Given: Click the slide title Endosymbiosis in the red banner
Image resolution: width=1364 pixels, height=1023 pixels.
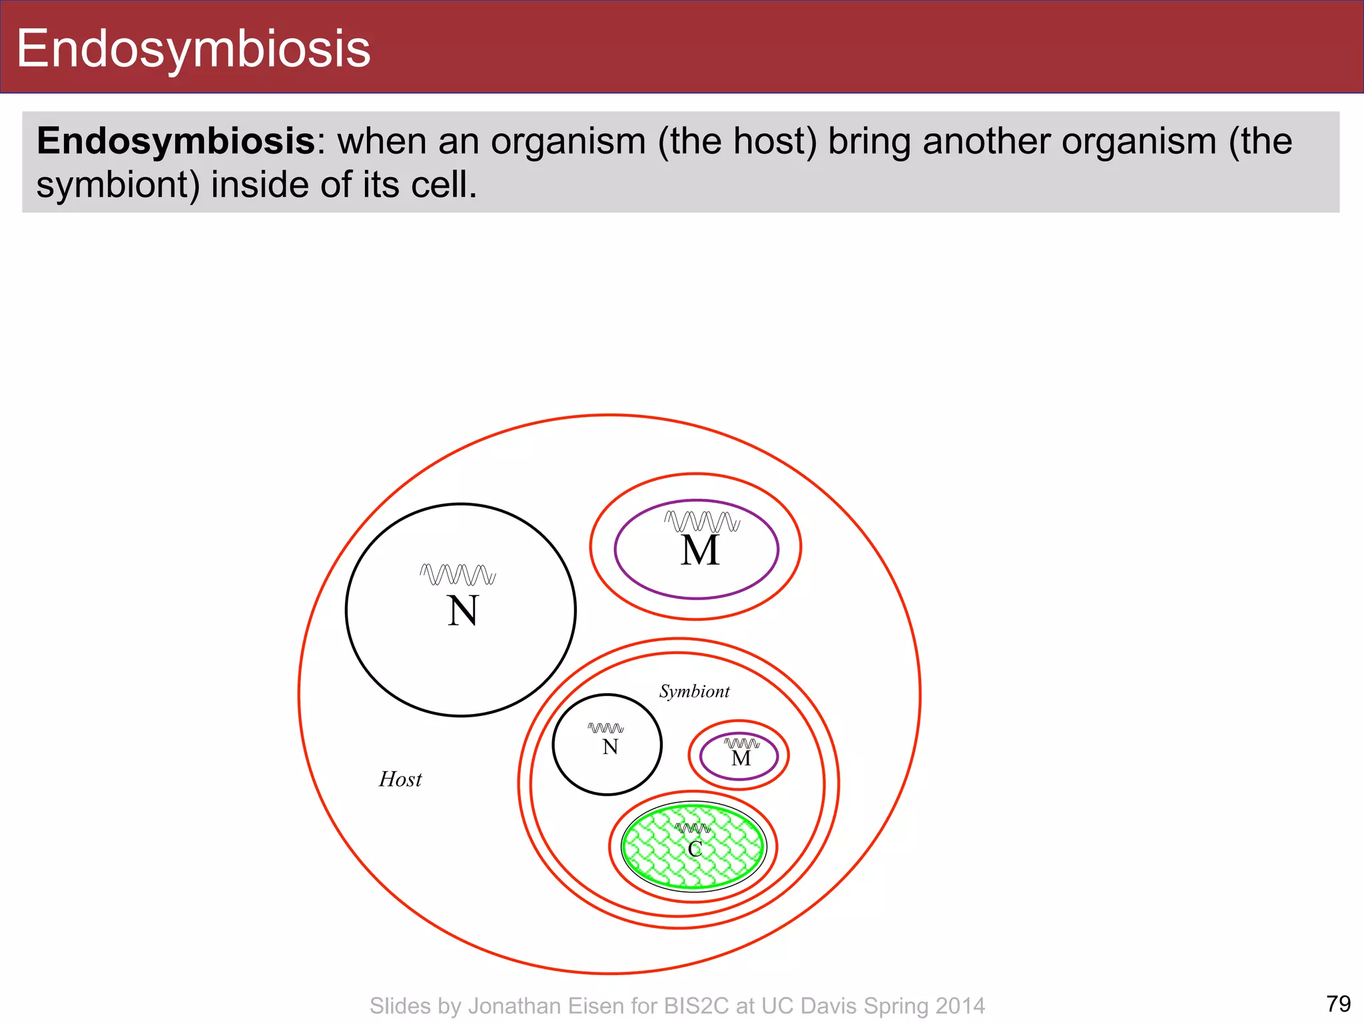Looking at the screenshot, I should [193, 49].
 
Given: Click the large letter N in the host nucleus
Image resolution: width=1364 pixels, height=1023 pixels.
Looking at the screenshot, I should [462, 610].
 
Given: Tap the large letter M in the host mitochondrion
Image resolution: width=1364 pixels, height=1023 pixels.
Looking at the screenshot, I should [700, 551].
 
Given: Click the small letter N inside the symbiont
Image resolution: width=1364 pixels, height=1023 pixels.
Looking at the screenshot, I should [610, 747].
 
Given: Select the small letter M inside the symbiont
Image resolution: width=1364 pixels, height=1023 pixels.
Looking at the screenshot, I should [741, 759].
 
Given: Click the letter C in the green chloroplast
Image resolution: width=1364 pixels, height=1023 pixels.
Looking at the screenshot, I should [695, 849].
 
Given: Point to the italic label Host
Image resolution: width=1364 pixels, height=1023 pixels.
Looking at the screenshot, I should [400, 779].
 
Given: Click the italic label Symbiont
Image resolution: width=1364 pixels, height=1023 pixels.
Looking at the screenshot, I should [694, 691].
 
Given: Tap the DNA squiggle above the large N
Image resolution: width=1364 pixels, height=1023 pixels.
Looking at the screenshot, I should [458, 574].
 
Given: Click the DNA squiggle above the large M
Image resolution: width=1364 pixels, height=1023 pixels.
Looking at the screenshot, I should [702, 521].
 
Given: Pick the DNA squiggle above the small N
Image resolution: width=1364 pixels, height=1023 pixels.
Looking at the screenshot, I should [606, 728].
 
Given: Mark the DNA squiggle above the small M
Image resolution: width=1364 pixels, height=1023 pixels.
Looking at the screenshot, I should [742, 743].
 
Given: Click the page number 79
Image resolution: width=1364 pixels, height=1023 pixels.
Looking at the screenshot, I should [1338, 1003].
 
